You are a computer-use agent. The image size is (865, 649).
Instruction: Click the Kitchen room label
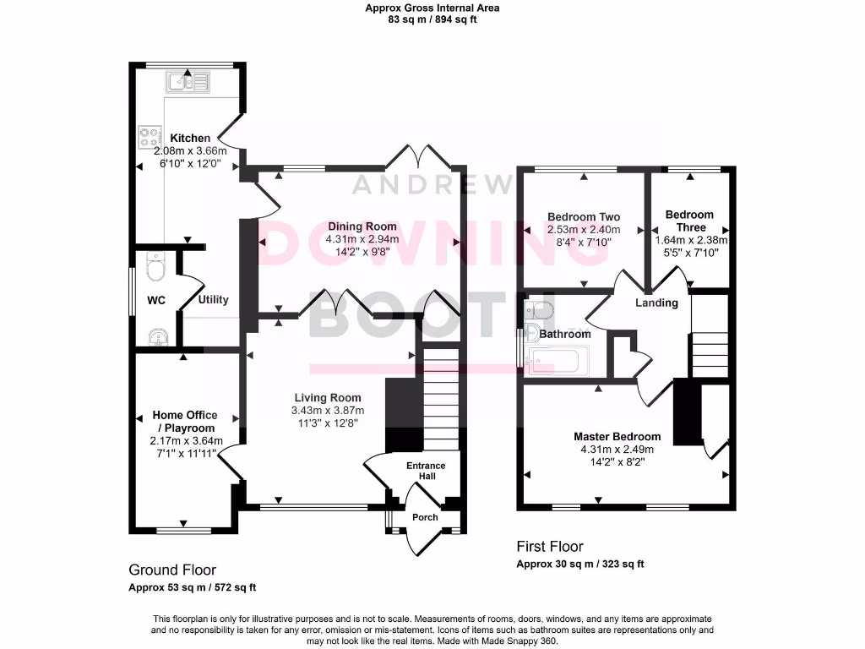point(190,138)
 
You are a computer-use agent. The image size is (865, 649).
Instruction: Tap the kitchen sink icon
point(188,82)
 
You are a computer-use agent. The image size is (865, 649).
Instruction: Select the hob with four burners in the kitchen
point(150,137)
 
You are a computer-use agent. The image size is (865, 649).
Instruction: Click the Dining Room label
point(362,226)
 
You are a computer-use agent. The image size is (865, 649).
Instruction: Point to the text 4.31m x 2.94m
point(362,239)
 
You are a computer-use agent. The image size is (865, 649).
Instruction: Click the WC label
point(156,300)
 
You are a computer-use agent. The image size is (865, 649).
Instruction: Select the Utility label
point(213,300)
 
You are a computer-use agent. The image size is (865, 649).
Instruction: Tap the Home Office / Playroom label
point(184,422)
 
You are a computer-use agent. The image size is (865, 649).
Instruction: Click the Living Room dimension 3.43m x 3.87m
point(328,411)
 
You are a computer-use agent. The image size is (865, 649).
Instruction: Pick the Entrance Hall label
point(426,471)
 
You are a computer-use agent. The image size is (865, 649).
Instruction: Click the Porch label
point(425,517)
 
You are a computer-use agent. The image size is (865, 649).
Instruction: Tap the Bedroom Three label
point(688,221)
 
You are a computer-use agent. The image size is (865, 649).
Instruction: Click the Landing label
point(656,303)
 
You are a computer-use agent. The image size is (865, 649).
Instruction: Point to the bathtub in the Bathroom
point(554,362)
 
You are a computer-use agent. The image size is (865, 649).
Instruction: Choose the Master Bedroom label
point(617,437)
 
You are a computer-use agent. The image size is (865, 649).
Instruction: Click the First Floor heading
point(549,547)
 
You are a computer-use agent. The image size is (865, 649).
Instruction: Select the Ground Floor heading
point(172,570)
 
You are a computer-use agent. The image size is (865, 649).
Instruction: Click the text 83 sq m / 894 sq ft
point(432,19)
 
